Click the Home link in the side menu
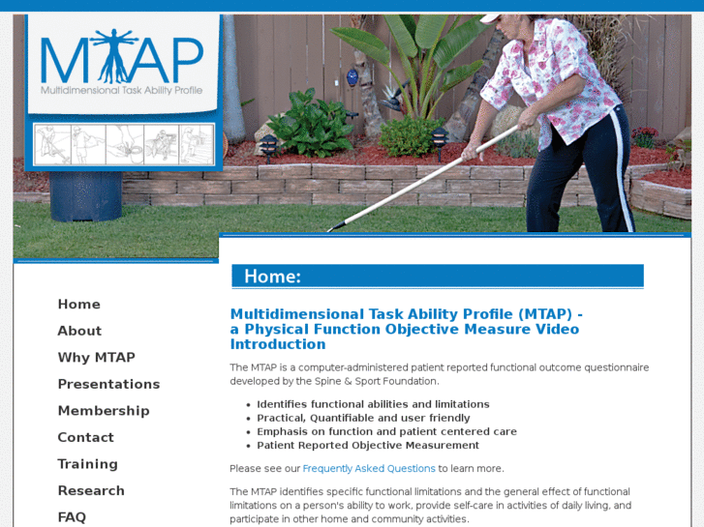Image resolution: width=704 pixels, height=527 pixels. click(x=78, y=305)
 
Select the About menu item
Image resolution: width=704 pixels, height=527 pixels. click(x=79, y=331)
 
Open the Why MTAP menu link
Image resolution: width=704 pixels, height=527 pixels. click(x=96, y=358)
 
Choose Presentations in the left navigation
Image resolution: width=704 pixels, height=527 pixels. click(x=108, y=384)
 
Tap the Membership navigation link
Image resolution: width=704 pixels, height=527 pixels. click(x=104, y=411)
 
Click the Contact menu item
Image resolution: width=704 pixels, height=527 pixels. click(x=85, y=438)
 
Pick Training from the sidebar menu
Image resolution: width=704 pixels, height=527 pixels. click(x=87, y=464)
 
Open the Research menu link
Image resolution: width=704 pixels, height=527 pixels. click(x=91, y=490)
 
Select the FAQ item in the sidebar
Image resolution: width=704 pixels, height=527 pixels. click(x=72, y=516)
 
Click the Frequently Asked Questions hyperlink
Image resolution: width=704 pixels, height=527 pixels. click(x=369, y=469)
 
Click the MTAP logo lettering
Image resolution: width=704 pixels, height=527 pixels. click(x=122, y=60)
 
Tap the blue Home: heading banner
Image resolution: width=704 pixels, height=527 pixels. click(x=437, y=277)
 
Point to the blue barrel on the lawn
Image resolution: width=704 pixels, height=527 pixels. click(x=85, y=196)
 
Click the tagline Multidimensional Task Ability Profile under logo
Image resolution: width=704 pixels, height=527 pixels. click(x=122, y=90)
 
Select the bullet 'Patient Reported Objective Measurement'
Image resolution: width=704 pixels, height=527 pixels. click(x=368, y=446)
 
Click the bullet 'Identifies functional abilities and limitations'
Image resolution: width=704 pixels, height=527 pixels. click(x=373, y=404)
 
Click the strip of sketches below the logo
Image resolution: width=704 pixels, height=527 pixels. click(x=124, y=144)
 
